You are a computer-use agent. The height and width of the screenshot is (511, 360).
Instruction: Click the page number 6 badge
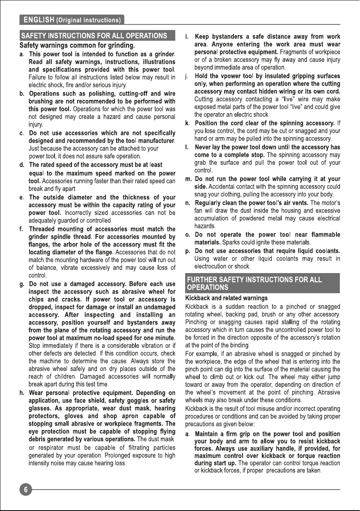26,490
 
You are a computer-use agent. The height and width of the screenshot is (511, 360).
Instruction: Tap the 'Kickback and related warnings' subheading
226,298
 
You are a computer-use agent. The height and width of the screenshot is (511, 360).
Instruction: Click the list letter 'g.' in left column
22,284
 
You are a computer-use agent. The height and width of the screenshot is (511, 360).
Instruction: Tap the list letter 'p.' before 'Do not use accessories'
188,251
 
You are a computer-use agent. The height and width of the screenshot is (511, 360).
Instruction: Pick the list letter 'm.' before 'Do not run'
188,179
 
